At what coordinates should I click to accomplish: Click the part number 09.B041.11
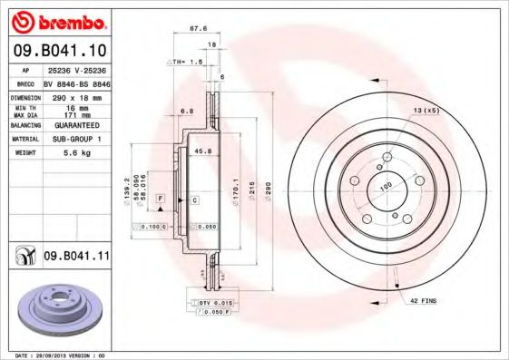[x=75, y=258]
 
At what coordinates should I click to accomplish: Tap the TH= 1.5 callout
[x=184, y=61]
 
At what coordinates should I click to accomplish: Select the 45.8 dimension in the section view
[x=203, y=151]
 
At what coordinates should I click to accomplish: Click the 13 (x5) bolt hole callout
[x=425, y=111]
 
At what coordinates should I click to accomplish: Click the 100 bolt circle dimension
[x=385, y=186]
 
